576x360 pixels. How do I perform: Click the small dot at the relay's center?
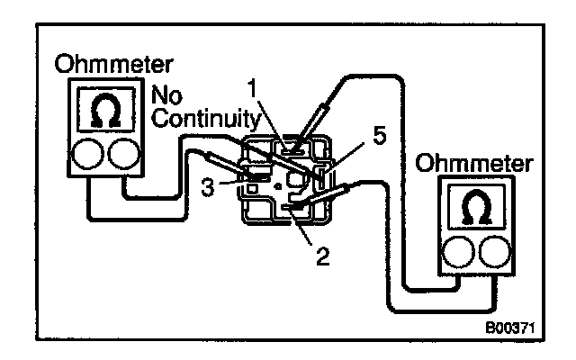coord(277,186)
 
